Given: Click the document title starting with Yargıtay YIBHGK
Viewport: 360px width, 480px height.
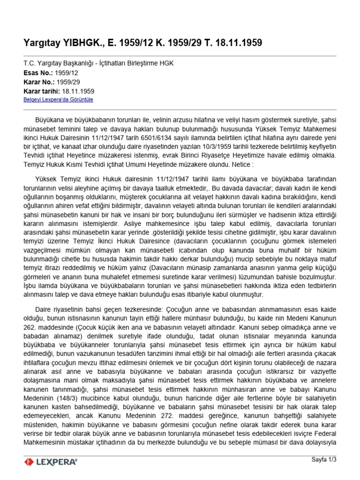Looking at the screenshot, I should coord(142,43).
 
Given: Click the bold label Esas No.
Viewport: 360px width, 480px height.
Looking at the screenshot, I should coord(38,73).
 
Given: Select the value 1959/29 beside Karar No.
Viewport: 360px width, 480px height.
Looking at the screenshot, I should coord(66,82).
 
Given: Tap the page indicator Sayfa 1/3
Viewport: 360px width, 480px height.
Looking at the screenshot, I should coord(324,459).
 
